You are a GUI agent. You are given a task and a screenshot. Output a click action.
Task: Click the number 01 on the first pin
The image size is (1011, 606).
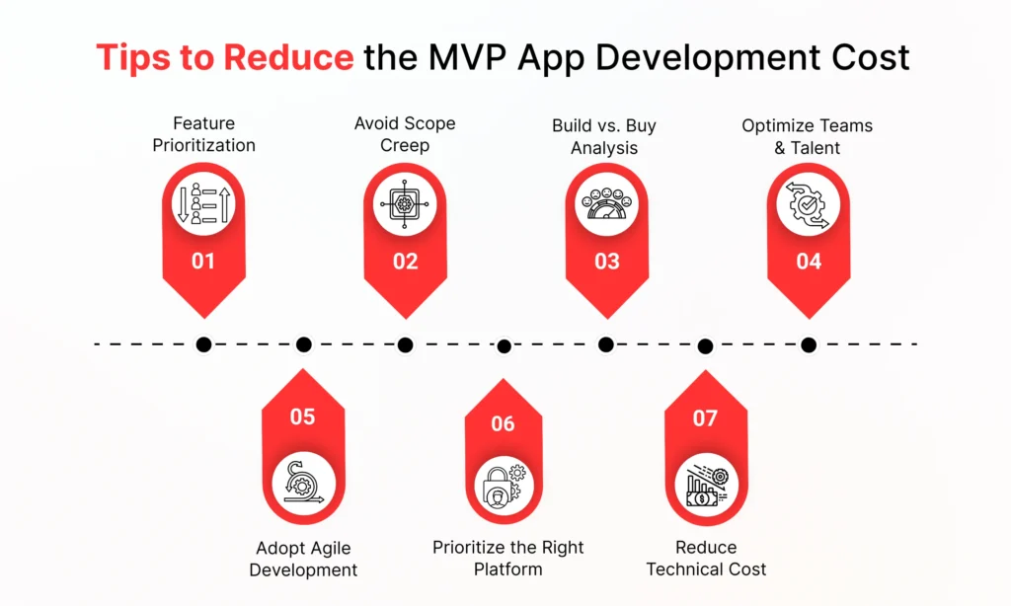tap(203, 262)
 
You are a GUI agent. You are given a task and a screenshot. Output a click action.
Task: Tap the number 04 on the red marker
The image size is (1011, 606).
tap(809, 262)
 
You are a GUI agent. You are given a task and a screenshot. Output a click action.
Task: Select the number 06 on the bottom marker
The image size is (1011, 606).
tap(503, 423)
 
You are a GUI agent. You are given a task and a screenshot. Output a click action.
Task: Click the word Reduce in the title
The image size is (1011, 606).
tap(288, 56)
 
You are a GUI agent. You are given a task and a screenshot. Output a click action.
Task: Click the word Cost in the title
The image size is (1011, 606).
tap(870, 56)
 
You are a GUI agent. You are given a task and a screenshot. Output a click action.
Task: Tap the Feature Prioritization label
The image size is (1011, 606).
tap(203, 134)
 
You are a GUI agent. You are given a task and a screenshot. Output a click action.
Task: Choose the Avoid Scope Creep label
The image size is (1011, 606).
tap(405, 134)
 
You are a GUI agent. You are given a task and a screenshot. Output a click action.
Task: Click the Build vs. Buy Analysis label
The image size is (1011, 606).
tap(604, 136)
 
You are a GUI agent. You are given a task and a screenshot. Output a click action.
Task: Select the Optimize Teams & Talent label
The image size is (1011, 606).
tap(808, 136)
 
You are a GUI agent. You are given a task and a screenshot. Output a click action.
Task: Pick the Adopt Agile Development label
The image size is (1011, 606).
tap(303, 559)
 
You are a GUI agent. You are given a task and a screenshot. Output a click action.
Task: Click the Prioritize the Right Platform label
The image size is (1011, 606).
tap(508, 559)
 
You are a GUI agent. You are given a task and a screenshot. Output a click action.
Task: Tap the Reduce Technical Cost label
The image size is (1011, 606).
tap(706, 559)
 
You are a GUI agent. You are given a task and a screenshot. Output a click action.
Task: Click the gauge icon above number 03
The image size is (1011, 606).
tap(606, 203)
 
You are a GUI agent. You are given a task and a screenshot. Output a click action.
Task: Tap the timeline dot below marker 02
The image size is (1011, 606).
tap(405, 344)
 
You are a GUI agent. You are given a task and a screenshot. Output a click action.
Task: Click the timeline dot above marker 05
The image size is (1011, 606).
tap(304, 344)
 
